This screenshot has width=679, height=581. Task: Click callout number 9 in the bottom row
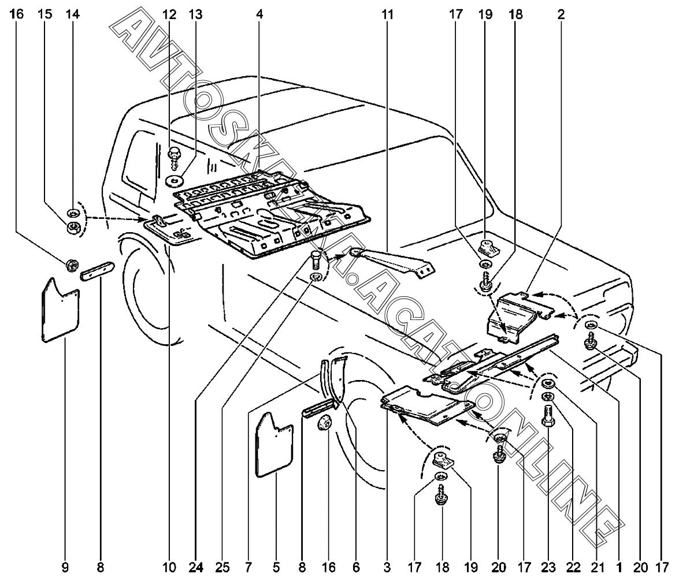[65, 568]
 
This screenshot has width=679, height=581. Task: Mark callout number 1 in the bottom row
[619, 568]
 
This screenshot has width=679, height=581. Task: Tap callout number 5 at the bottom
[276, 568]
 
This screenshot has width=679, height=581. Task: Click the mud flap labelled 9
[60, 312]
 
